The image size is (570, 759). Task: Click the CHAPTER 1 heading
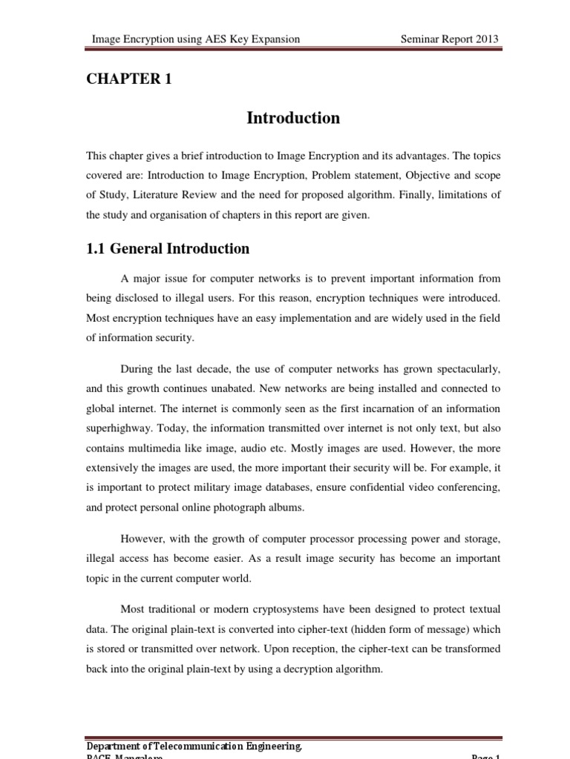129,80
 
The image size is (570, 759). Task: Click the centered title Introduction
293,118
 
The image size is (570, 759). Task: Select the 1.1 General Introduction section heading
168,249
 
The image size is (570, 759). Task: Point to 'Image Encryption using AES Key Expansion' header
195,39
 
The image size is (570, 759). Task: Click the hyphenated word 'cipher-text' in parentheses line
347,629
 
